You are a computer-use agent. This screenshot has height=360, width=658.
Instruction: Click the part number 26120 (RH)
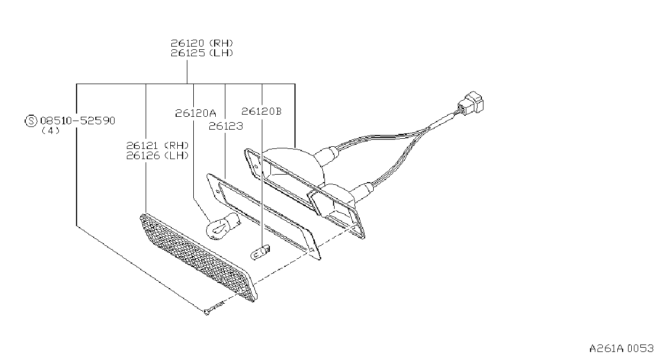click(202, 43)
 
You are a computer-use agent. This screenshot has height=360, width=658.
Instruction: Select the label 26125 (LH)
click(202, 53)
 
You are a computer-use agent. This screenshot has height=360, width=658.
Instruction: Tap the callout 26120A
click(195, 113)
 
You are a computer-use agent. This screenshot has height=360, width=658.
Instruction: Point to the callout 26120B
click(261, 111)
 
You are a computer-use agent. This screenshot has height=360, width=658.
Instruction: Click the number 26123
click(226, 126)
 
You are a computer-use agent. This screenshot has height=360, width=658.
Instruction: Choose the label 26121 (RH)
click(157, 146)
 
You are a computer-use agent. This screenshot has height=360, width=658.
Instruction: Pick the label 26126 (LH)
click(157, 155)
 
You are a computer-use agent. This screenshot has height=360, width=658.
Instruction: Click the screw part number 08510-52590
click(78, 121)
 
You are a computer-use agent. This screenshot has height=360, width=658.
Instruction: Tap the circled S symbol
click(31, 121)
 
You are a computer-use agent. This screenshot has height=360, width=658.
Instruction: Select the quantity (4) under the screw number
click(50, 131)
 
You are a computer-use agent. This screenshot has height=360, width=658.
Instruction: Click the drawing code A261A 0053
click(622, 349)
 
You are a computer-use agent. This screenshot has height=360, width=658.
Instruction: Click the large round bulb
click(222, 226)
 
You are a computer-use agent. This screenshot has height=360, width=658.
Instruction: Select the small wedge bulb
click(260, 252)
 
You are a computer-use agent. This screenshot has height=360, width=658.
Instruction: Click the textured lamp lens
click(198, 258)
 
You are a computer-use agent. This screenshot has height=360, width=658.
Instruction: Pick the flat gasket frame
click(263, 216)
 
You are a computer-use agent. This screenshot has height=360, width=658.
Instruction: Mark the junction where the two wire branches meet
click(428, 129)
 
